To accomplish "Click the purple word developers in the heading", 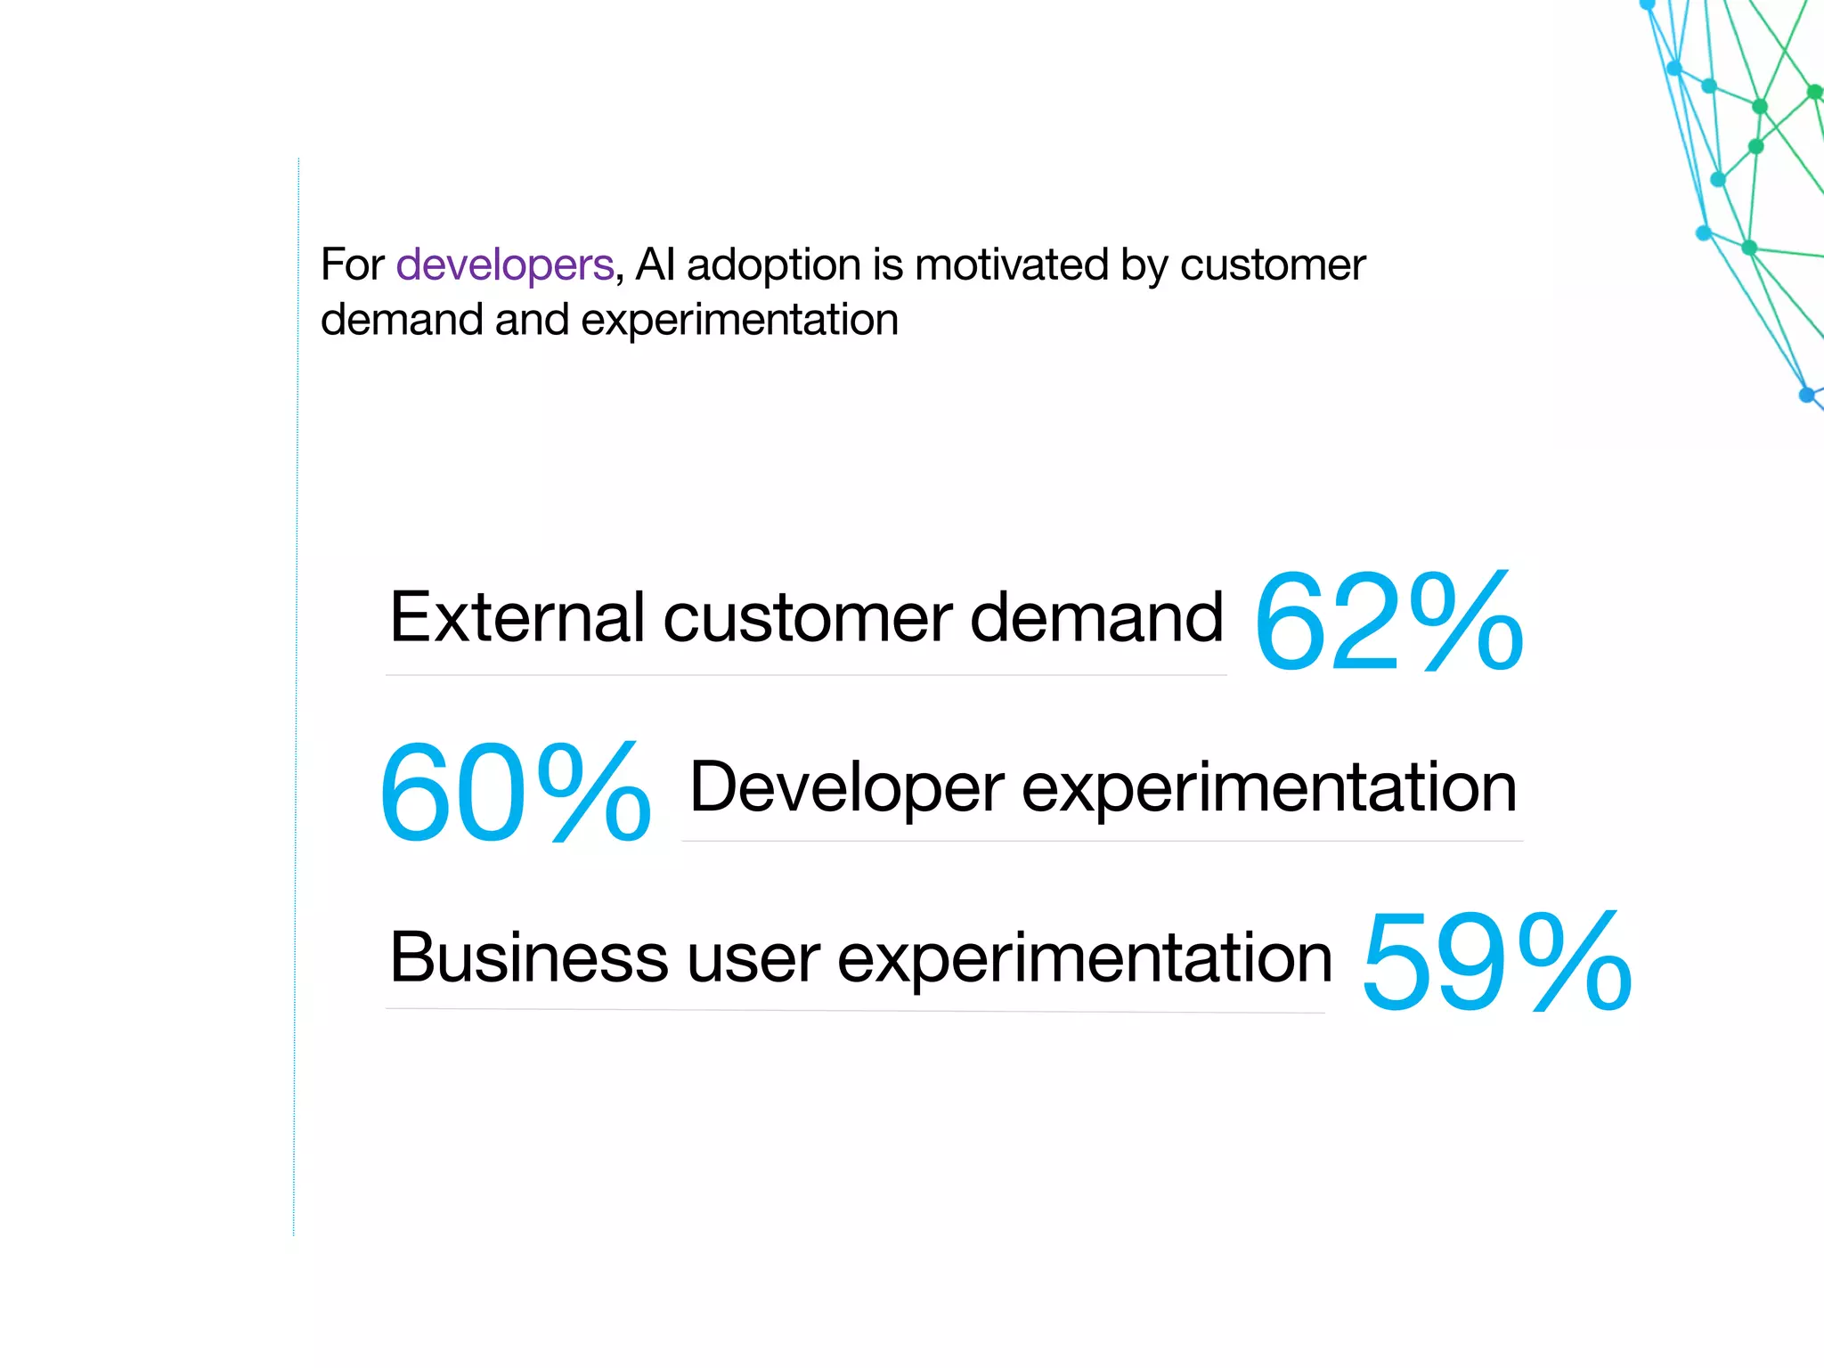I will (x=505, y=265).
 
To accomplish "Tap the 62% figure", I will (x=1388, y=622).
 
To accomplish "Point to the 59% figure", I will (x=1496, y=962).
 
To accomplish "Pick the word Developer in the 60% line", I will (x=847, y=787).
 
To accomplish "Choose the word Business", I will (x=529, y=957).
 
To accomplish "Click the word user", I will (x=753, y=959).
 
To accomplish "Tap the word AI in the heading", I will (x=655, y=265).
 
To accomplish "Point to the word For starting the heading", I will (x=352, y=265).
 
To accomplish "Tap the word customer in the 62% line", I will (x=808, y=618).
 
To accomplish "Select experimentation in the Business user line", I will (x=1085, y=959).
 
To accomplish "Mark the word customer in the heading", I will (x=1273, y=265).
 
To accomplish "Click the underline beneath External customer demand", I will (x=806, y=675).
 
